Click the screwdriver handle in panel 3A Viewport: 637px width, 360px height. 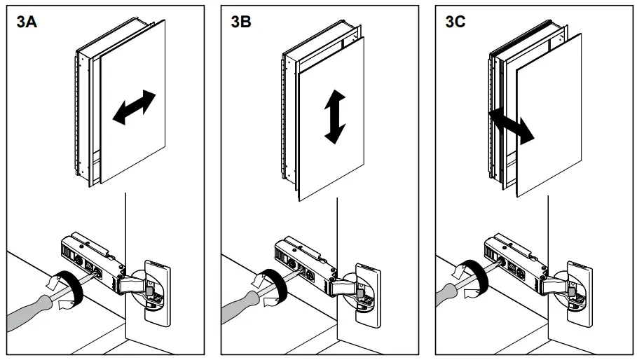(28, 308)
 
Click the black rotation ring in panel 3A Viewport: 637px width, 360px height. (68, 287)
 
